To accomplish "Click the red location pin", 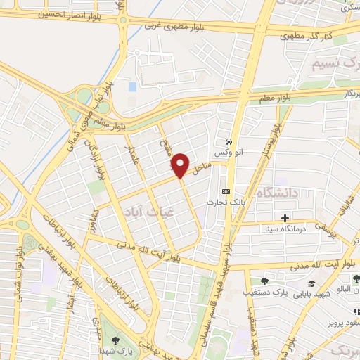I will point(180,165).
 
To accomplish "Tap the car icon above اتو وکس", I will point(229,139).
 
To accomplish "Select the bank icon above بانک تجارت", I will point(226,191).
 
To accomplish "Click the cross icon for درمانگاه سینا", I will point(285,218).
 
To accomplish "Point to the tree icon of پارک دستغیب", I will point(264,281).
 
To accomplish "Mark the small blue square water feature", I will point(132,86).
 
